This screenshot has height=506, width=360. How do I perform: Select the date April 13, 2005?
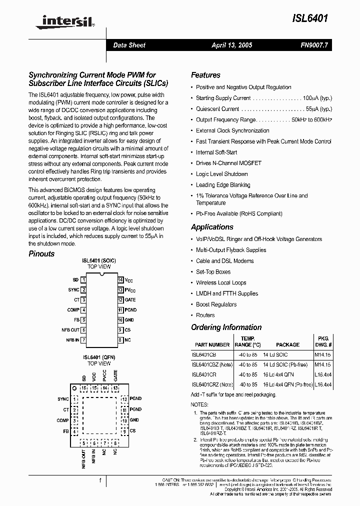[231, 45]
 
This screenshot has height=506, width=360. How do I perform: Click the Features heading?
[205, 75]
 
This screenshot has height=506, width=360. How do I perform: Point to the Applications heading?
[212, 227]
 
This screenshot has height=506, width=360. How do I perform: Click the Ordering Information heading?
[226, 327]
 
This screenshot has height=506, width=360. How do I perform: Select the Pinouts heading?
[41, 253]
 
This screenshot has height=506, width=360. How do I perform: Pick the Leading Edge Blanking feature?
[223, 185]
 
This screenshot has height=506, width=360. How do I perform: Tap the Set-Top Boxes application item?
[213, 272]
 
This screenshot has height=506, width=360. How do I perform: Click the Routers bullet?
[205, 315]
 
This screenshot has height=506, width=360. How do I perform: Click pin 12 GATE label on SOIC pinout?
[129, 300]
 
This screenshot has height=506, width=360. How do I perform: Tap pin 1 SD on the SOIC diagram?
[75, 280]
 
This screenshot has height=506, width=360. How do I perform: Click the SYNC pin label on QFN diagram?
[63, 399]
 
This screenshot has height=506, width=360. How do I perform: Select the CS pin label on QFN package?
[132, 430]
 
